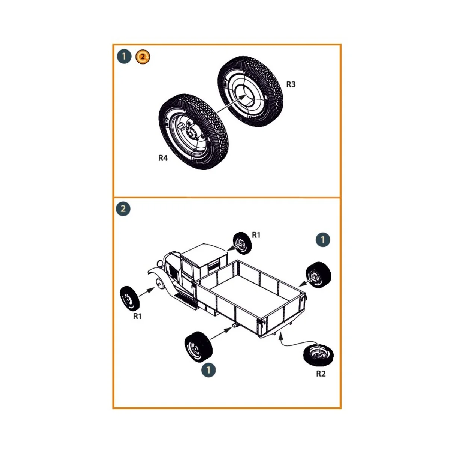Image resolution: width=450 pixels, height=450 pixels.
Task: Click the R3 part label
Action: click(x=291, y=84)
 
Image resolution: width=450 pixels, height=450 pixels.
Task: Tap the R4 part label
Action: click(x=163, y=158)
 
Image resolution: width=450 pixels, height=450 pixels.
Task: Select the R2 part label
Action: click(x=321, y=373)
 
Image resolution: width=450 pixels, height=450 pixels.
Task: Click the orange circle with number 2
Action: click(x=142, y=57)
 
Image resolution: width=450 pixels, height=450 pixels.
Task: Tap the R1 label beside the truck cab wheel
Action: click(x=256, y=235)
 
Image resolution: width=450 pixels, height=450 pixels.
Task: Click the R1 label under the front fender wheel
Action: click(x=137, y=316)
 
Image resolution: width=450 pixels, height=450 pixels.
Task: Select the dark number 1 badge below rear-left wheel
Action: click(x=208, y=370)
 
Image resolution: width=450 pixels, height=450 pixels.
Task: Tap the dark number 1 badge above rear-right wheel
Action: click(x=323, y=240)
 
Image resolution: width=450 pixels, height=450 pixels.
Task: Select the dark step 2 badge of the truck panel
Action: click(x=123, y=209)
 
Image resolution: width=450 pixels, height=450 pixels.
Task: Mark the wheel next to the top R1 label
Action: click(x=242, y=243)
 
